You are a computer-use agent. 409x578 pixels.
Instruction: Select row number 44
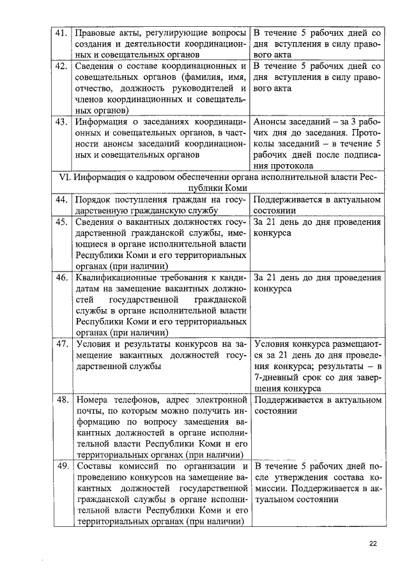[61, 200]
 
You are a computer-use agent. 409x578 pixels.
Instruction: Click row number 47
[61, 344]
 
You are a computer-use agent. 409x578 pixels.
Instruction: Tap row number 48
[61, 400]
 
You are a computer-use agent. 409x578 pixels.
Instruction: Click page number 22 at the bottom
[373, 544]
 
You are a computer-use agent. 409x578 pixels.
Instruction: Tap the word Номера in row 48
[92, 400]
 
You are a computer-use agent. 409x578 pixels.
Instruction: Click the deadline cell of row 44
[316, 205]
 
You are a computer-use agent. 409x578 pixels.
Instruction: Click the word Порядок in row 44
[94, 200]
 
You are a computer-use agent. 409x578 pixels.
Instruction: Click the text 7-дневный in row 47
[279, 377]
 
